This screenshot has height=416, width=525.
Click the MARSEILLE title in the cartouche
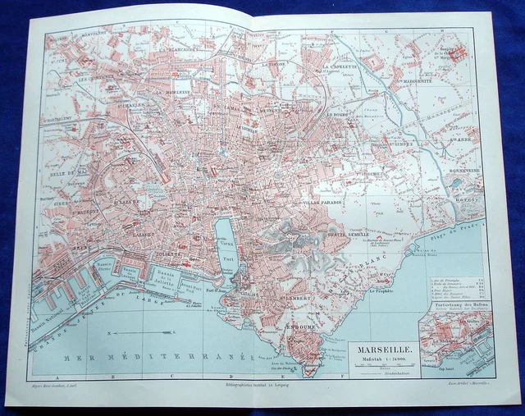tap(381, 346)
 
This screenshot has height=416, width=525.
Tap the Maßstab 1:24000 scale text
tap(381, 357)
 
